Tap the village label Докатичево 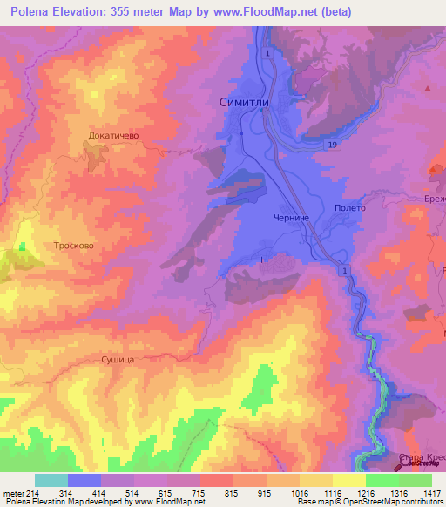(113, 136)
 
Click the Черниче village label (291, 219)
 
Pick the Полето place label (349, 208)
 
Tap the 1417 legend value (432, 493)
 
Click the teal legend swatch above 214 (51, 480)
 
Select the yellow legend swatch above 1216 (348, 480)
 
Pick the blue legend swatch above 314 (84, 480)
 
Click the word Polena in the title (31, 13)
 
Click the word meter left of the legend (12, 493)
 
